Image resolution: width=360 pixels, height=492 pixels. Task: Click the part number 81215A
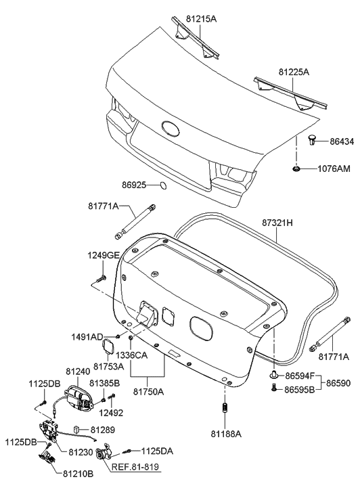pos(201,19)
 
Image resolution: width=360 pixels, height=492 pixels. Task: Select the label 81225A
pos(294,72)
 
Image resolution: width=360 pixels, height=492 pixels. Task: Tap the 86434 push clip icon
pos(312,140)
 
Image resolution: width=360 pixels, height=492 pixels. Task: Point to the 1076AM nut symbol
pos(296,169)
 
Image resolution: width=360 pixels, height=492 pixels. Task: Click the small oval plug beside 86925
pos(162,185)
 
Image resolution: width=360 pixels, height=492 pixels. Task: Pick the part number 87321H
pos(277,223)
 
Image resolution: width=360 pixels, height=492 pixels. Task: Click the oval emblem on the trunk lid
pos(171,129)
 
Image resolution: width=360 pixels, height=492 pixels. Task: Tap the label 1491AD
pos(87,337)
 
